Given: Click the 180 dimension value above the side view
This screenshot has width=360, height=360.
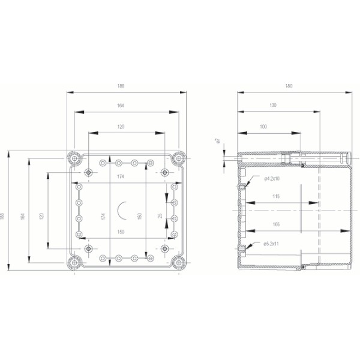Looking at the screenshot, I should [x=289, y=87].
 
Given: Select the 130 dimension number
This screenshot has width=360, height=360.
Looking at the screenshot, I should [x=273, y=106].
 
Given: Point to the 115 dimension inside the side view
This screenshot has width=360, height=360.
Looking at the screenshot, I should [x=275, y=197].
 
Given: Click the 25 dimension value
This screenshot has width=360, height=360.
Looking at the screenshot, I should [x=160, y=215].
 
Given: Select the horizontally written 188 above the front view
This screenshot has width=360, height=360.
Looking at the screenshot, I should [x=121, y=87].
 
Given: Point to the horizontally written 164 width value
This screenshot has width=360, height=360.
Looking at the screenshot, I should [x=121, y=106].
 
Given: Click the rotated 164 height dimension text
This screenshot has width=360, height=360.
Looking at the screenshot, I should [x=23, y=214].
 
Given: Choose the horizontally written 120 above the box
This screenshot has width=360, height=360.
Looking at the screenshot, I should [x=121, y=127].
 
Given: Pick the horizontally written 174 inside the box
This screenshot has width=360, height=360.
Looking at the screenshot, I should [x=121, y=177].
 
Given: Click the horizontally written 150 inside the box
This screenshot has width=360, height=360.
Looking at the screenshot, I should [x=121, y=232].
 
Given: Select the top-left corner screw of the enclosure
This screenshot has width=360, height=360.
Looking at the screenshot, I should [x=74, y=158].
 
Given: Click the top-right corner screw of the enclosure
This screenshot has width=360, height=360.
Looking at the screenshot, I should [x=178, y=158].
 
